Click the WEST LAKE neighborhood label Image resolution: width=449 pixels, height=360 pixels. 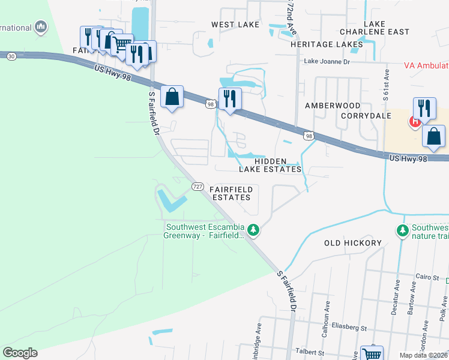235,25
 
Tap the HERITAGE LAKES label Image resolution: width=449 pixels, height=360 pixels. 327,44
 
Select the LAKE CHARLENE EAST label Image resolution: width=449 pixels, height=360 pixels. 374,28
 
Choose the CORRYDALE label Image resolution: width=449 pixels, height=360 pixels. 366,115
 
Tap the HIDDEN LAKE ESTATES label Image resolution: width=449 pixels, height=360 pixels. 270,165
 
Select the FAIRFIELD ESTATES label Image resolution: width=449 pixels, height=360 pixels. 231,193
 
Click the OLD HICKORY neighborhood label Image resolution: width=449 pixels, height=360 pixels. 353,243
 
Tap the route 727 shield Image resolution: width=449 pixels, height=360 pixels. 197,187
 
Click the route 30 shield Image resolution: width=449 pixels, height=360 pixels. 11,56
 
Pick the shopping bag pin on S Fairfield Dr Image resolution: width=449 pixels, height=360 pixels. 172,96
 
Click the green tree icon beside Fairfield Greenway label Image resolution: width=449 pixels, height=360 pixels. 253,230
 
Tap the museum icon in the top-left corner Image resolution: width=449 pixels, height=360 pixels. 41,26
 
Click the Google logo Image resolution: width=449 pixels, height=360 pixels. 20,352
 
